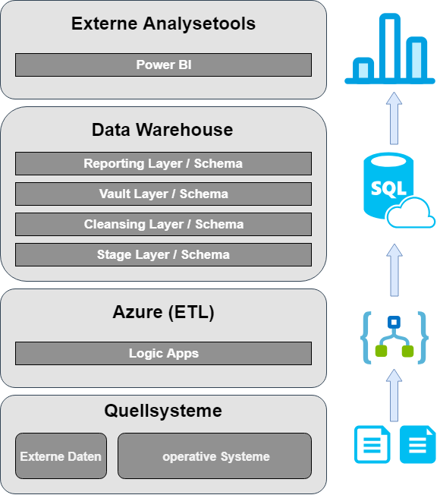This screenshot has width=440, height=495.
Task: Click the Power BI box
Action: coord(163,65)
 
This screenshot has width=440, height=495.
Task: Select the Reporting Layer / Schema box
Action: coord(163,163)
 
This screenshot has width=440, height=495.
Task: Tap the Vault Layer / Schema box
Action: coord(163,194)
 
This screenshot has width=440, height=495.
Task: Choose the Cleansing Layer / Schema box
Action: coord(163,224)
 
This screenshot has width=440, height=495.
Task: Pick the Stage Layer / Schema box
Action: coord(163,254)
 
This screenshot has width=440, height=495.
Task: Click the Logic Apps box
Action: coord(163,353)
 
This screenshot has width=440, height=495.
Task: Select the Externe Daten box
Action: coord(61,456)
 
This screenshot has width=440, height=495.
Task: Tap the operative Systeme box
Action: coord(215,456)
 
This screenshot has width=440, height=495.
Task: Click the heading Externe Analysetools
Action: coord(163,24)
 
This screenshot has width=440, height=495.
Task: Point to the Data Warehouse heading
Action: coord(162,130)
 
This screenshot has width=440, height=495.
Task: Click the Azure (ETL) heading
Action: coord(163,312)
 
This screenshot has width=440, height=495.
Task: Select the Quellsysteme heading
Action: coord(163,411)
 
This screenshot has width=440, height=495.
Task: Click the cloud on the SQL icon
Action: coord(412,213)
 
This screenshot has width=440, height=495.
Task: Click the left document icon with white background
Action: coord(372,444)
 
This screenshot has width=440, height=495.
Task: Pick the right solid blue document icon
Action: coord(418,444)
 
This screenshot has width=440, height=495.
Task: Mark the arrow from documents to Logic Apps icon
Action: coord(393,395)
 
